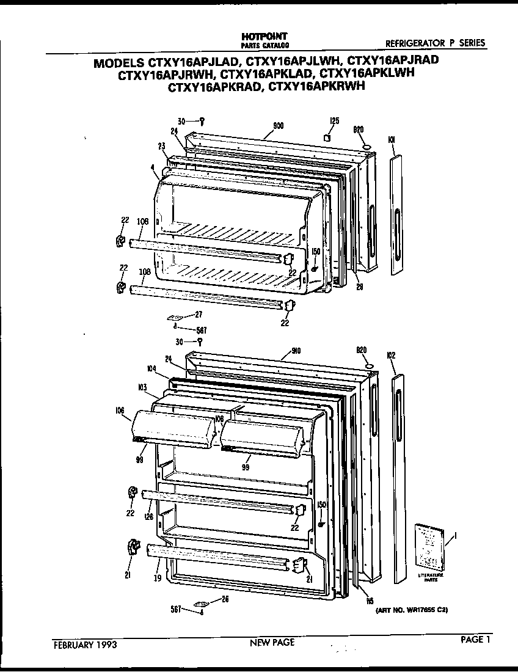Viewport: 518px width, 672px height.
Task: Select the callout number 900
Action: [278, 125]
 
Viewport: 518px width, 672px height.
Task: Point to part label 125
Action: [334, 121]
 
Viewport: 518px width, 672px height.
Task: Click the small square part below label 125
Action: [328, 137]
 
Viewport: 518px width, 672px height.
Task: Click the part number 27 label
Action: [198, 315]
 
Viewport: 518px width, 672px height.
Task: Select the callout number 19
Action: [158, 577]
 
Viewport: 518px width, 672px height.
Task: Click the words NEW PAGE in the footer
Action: [272, 642]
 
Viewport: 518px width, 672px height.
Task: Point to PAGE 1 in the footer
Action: [476, 640]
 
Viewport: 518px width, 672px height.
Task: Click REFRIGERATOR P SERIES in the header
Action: [435, 43]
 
